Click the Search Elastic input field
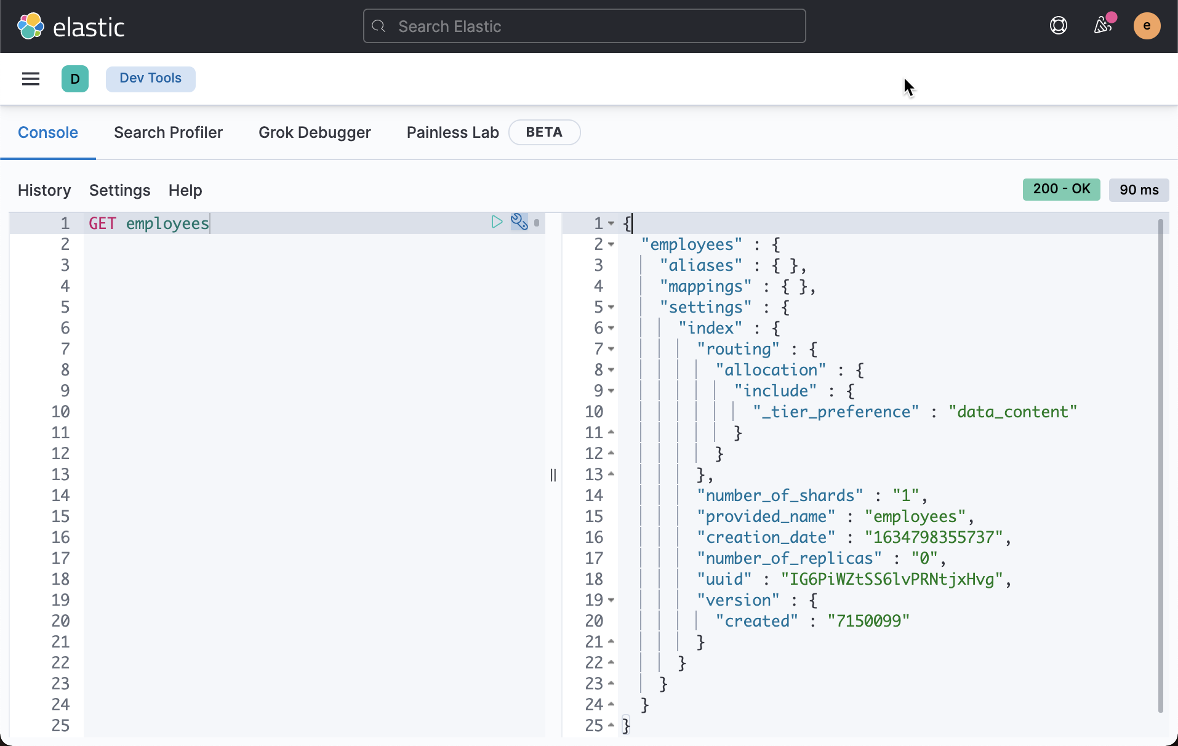point(585,26)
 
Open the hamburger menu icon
point(31,79)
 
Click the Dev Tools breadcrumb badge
point(150,79)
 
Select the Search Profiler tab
point(168,133)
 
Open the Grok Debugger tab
point(315,133)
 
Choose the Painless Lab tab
point(452,133)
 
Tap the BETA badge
point(544,133)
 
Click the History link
point(44,191)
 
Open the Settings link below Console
point(119,191)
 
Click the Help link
point(185,191)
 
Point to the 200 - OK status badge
point(1061,190)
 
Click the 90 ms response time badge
point(1139,190)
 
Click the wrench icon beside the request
point(519,222)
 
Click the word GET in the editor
point(102,223)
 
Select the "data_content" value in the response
point(1012,412)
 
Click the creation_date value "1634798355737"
point(933,538)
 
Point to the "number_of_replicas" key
point(788,559)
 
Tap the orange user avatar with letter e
point(1147,26)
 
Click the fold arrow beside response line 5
point(611,307)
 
